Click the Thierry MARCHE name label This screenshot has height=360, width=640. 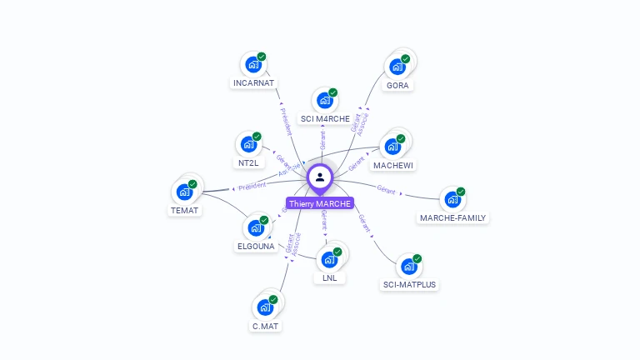coord(320,203)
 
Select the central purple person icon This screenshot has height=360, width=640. coord(320,177)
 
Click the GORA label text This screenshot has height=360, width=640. coord(398,85)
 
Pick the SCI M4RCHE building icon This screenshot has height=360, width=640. coord(324,100)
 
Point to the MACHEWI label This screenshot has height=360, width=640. coord(393,165)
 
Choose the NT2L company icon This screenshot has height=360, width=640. coord(247,144)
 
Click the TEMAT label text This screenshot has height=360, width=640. coord(184,210)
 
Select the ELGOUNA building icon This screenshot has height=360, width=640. coord(255,227)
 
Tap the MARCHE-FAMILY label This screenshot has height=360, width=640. coord(453,218)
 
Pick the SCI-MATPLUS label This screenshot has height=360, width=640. coord(409,285)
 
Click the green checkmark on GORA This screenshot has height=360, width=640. coord(406,59)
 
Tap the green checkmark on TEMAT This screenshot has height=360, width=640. coord(192,184)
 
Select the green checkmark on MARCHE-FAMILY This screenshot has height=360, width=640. coord(461,192)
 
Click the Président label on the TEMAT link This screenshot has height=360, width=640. coord(252,186)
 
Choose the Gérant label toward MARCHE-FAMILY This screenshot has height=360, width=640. coord(386,190)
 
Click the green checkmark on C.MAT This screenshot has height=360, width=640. coord(272,299)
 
